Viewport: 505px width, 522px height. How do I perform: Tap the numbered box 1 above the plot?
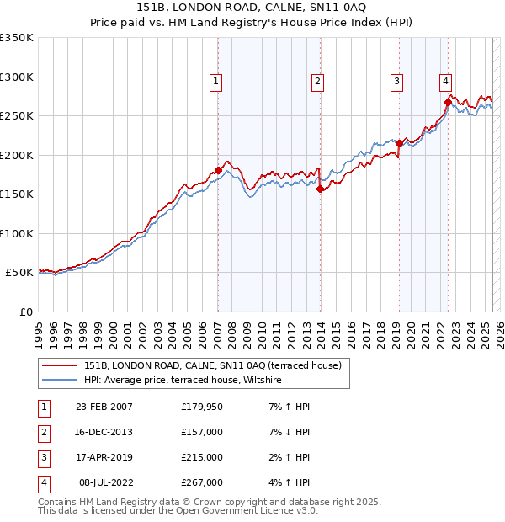tap(216, 82)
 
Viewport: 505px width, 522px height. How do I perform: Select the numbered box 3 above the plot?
tap(396, 82)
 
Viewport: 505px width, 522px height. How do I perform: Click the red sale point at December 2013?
tap(320, 189)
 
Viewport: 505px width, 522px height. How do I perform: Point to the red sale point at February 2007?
tap(218, 170)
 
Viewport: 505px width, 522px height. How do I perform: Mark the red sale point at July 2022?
tap(449, 103)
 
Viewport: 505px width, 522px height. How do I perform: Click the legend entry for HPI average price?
tap(182, 381)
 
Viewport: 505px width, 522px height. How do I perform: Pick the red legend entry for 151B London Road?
tap(212, 365)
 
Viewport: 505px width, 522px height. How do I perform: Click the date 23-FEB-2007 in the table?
tap(104, 407)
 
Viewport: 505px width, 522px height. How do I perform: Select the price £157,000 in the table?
tap(201, 432)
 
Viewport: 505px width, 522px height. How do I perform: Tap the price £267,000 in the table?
tap(201, 482)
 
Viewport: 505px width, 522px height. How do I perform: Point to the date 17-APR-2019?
tap(104, 457)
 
